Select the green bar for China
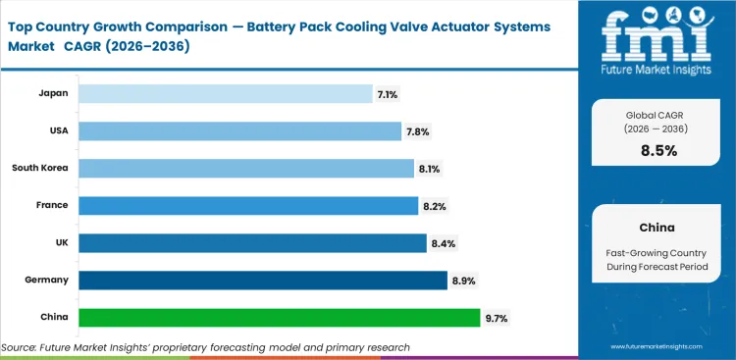(280, 318)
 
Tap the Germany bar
(263, 281)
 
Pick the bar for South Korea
(246, 168)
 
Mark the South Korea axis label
(40, 168)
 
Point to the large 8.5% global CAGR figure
(658, 150)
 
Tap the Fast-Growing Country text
(658, 251)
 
